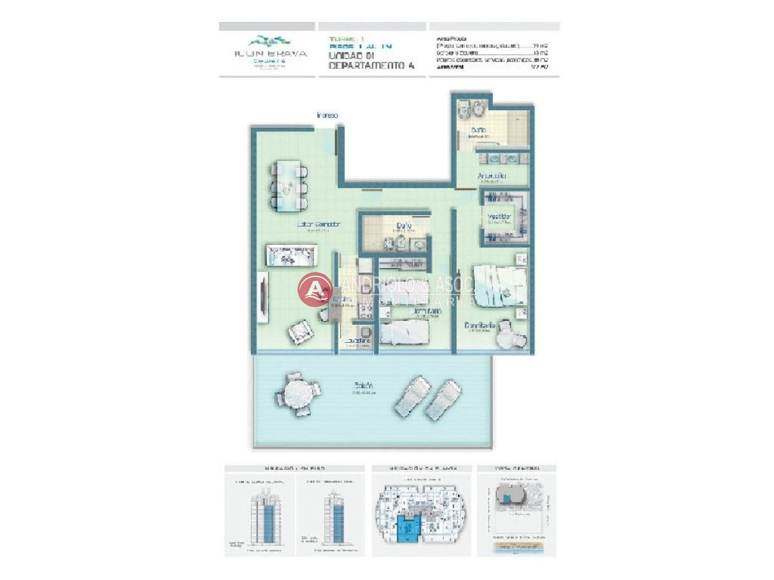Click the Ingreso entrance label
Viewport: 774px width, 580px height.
coord(328,115)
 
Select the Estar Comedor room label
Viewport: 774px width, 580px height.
coord(309,224)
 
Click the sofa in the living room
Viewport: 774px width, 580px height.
coord(292,256)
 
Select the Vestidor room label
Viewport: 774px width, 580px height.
coord(500,217)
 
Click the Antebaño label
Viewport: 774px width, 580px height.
coord(491,176)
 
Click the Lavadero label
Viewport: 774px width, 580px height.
coord(357,341)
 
